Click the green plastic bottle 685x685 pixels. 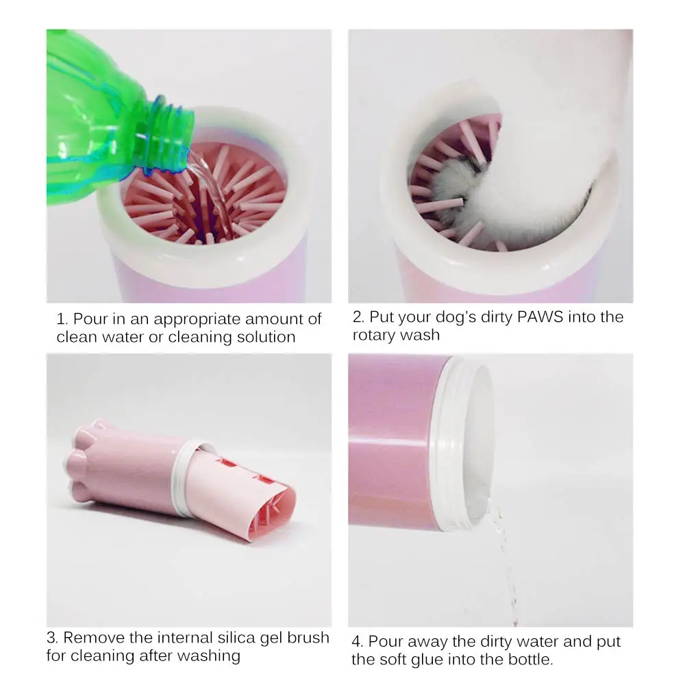[x=96, y=116]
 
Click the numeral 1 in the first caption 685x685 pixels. [x=61, y=319]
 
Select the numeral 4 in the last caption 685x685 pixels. [x=357, y=642]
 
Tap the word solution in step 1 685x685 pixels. [x=262, y=337]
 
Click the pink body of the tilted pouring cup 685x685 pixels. [x=390, y=445]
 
